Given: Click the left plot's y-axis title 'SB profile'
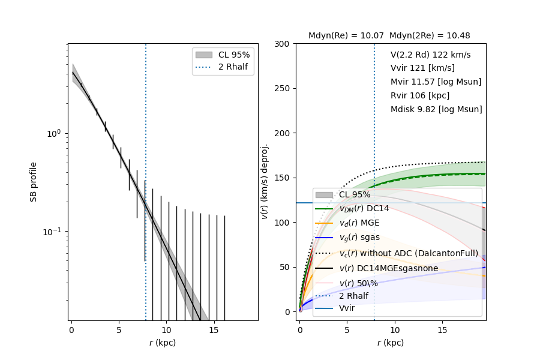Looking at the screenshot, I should (34, 182).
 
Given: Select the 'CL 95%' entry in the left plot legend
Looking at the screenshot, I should (234, 55).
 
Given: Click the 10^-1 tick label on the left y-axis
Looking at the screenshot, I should (54, 232).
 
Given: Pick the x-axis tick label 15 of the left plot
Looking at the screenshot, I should (214, 330).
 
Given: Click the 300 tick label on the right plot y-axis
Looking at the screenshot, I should (282, 44).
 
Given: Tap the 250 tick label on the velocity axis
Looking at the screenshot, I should (282, 89).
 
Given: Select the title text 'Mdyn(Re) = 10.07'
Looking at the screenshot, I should (346, 36).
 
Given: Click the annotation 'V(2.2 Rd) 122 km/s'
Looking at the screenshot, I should (430, 55).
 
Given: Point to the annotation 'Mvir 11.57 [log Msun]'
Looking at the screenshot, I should (436, 82).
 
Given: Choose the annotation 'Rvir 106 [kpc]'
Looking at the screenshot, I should (419, 95).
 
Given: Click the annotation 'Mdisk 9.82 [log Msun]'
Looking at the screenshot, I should (436, 109).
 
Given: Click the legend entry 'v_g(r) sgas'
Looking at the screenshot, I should (359, 238).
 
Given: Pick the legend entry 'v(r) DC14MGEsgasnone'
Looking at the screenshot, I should (388, 268).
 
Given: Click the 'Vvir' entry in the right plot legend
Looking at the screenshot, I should (347, 308).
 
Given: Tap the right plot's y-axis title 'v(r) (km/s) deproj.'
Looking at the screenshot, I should (265, 182).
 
